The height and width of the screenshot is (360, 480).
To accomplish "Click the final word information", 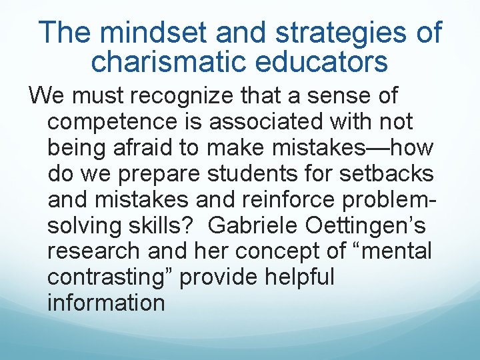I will (106, 303).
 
